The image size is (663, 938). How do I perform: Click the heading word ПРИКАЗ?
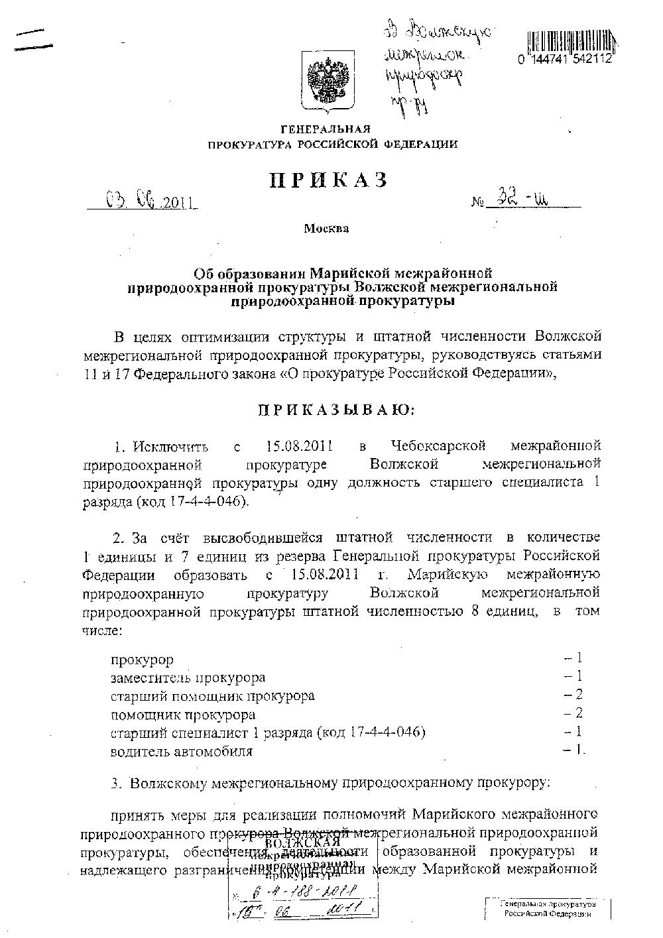[x=328, y=180]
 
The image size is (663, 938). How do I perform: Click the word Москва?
[x=326, y=229]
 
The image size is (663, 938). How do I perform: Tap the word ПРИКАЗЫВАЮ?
[x=335, y=410]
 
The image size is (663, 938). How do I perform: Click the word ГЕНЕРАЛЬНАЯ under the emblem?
[x=326, y=129]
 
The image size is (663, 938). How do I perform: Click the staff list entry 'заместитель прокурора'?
[x=188, y=677]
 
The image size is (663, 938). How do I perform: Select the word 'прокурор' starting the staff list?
[x=143, y=660]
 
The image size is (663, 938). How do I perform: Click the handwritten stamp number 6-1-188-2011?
[x=309, y=888]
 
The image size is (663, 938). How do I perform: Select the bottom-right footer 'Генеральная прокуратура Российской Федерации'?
[x=547, y=909]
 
